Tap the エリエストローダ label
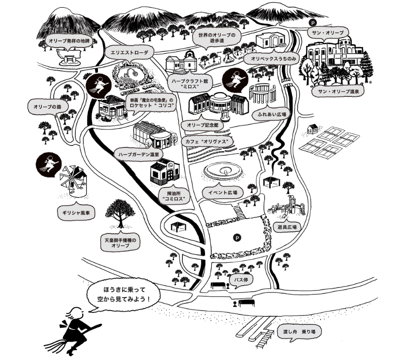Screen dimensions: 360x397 pyautogui.click(x=130, y=52)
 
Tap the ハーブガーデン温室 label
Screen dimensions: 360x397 pyautogui.click(x=139, y=156)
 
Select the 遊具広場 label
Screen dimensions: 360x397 pyautogui.click(x=287, y=227)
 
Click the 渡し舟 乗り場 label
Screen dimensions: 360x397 pyautogui.click(x=300, y=332)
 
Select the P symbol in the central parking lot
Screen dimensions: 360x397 pyautogui.click(x=236, y=237)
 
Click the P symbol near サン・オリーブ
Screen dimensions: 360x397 pyautogui.click(x=313, y=22)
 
